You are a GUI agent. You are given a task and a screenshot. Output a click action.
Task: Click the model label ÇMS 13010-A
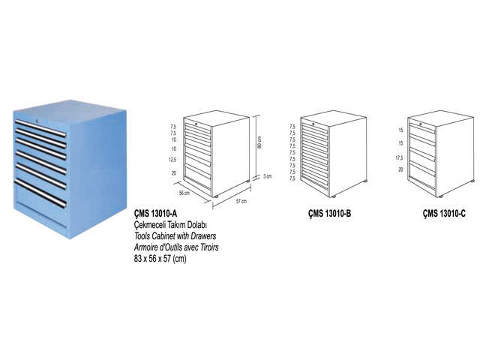pyautogui.click(x=155, y=213)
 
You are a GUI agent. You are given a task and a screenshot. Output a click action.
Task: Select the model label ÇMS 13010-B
pyautogui.click(x=329, y=213)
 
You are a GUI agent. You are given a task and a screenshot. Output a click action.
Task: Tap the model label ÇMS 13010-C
pyautogui.click(x=444, y=213)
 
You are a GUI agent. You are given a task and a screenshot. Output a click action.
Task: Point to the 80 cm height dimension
pyautogui.click(x=259, y=142)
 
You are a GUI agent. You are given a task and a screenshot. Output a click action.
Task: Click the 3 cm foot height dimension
pyautogui.click(x=267, y=176)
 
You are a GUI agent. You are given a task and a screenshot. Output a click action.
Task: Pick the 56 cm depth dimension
pyautogui.click(x=184, y=193)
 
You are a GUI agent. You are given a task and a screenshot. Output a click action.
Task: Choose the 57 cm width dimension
pyautogui.click(x=241, y=201)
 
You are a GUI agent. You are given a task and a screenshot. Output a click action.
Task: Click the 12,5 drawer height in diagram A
pyautogui.click(x=172, y=160)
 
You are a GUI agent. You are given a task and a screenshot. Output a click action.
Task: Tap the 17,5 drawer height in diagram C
pyautogui.click(x=399, y=158)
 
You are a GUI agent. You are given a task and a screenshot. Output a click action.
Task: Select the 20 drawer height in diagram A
pyautogui.click(x=174, y=173)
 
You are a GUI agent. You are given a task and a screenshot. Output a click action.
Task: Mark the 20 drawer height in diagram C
pyautogui.click(x=400, y=169)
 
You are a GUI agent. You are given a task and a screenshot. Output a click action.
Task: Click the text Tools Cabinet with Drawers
pyautogui.click(x=175, y=236)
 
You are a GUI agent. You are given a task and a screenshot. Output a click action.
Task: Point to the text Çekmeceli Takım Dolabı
pyautogui.click(x=171, y=225)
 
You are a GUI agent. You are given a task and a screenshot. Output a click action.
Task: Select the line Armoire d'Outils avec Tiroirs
pyautogui.click(x=176, y=247)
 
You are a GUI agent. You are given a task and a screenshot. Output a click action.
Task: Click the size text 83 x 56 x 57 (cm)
pyautogui.click(x=160, y=259)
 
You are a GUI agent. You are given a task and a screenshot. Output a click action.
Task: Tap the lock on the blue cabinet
pyautogui.click(x=37, y=121)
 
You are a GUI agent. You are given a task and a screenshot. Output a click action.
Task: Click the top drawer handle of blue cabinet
pyautogui.click(x=40, y=128)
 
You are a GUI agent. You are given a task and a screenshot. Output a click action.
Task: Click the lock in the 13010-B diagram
pyautogui.click(x=313, y=124)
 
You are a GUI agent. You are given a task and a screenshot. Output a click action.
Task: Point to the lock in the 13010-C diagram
pyautogui.click(x=421, y=124)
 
